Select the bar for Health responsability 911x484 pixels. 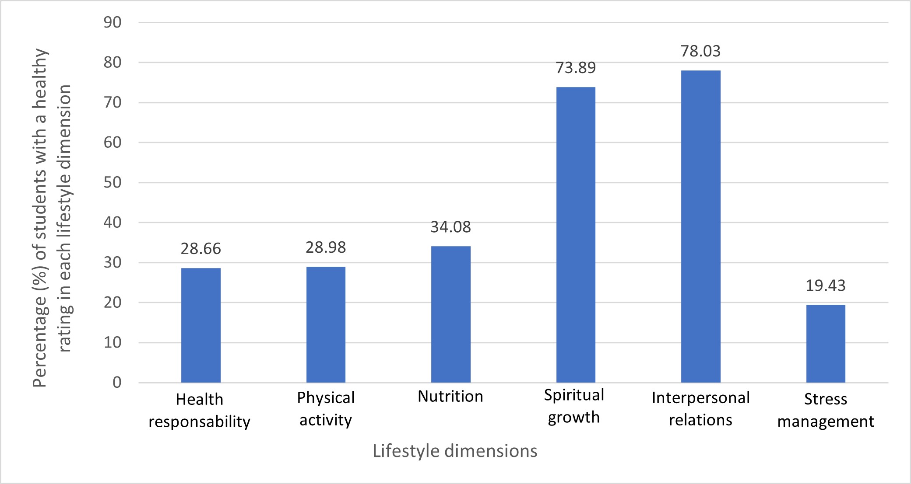click(201, 325)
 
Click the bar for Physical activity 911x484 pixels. click(326, 324)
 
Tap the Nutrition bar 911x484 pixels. click(451, 314)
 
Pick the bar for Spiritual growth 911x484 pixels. click(576, 235)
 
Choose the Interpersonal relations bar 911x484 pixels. click(700, 226)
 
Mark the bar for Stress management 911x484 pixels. click(826, 344)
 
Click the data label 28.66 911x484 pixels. click(201, 249)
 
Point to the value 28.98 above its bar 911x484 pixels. click(326, 247)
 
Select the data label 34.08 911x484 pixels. click(451, 227)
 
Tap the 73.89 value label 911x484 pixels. click(576, 68)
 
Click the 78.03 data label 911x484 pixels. click(700, 51)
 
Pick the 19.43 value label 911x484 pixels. click(826, 286)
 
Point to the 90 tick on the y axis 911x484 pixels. click(113, 22)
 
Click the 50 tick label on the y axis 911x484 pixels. click(113, 182)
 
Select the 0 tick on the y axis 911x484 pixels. click(117, 383)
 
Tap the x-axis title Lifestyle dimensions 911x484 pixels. click(455, 451)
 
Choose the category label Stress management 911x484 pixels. click(826, 410)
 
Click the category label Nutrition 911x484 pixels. click(450, 396)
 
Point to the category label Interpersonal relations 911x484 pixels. click(700, 409)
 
